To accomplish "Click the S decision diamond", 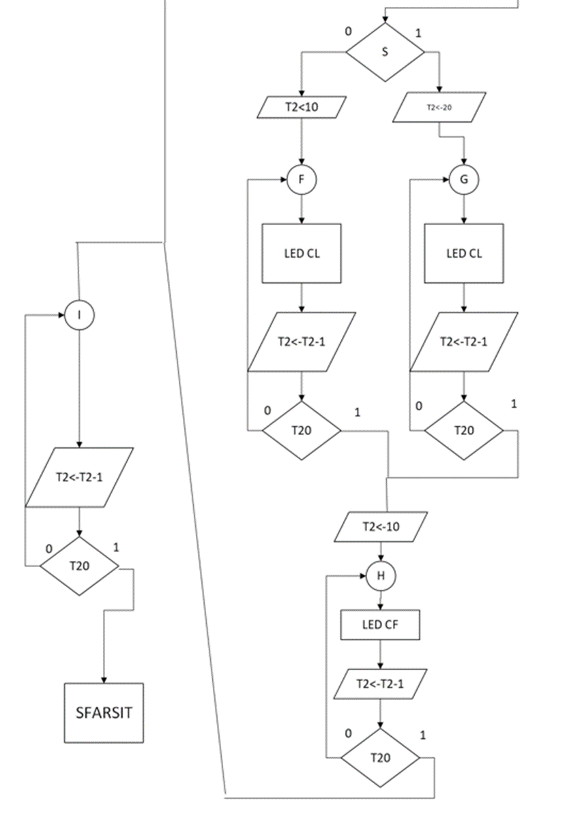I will tap(385, 52).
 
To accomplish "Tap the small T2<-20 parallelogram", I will tap(439, 107).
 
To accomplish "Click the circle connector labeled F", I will tap(302, 180).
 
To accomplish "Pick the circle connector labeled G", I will tap(464, 180).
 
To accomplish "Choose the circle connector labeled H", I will tap(381, 576).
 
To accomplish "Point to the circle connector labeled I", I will tap(79, 316).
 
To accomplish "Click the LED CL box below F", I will tap(302, 254).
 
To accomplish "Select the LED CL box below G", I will tap(464, 254).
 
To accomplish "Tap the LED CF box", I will tap(380, 624).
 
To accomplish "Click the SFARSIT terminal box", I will tap(104, 713).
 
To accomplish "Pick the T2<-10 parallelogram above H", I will tap(381, 526).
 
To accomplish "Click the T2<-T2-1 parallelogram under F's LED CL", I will tap(302, 342).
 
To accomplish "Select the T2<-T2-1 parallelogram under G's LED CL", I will tap(464, 342).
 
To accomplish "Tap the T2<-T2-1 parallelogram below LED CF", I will tap(380, 684).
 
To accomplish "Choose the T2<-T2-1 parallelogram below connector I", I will tap(79, 477).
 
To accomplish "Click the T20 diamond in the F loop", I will tap(302, 430).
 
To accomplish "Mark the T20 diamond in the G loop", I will tap(464, 430).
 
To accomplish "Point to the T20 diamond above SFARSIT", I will tap(79, 565).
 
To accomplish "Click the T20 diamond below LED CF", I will tap(380, 757).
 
